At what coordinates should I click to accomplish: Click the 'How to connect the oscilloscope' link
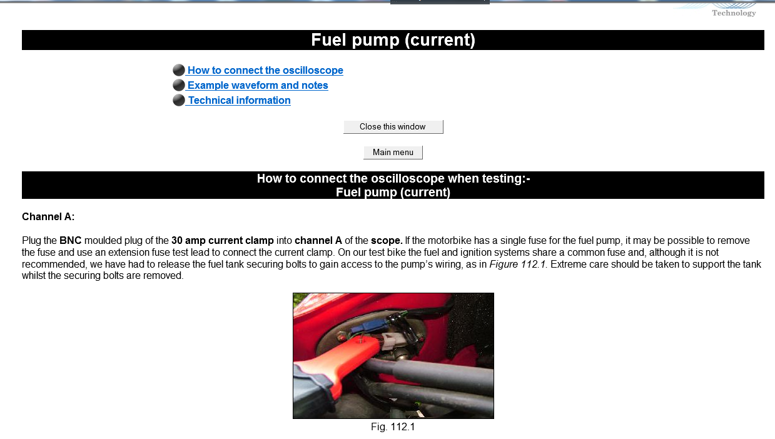265,70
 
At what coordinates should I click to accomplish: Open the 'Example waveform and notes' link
258,85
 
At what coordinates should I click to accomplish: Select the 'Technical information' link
239,100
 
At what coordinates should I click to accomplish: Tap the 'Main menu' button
393,152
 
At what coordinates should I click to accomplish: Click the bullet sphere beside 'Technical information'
178,100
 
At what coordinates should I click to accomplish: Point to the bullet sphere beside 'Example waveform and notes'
178,85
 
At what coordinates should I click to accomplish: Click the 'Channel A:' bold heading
48,216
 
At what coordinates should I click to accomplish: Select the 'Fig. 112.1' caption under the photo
393,426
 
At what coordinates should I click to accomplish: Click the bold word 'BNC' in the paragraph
70,240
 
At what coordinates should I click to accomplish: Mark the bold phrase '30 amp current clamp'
223,240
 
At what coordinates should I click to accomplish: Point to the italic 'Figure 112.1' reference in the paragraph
517,265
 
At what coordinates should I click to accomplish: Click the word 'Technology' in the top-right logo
734,13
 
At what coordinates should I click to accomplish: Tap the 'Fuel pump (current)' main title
393,40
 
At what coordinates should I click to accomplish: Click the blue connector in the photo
371,326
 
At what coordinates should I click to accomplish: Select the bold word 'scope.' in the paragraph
387,240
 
